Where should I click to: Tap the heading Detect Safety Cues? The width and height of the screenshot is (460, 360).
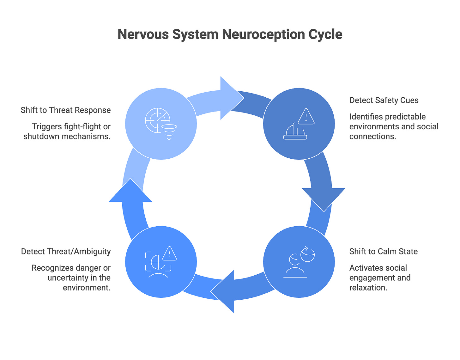tap(384, 100)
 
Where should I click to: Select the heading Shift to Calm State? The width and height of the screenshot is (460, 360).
tap(383, 251)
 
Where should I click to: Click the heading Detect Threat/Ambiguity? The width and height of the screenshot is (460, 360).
tap(66, 251)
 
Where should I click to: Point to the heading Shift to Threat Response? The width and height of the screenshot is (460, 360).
tap(66, 110)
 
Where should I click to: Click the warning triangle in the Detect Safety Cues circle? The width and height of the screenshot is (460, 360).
tap(306, 117)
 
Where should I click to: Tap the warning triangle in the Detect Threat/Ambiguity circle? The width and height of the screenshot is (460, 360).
tap(169, 253)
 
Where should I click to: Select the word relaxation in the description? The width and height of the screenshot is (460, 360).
tap(368, 288)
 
